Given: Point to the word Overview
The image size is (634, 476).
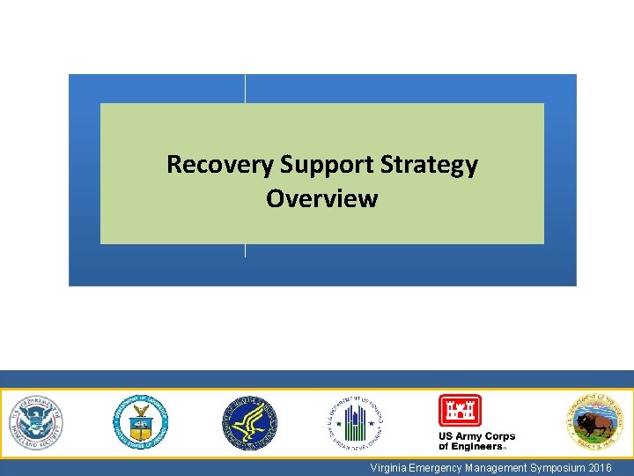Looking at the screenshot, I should (321, 198).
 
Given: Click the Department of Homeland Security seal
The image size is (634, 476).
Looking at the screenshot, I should (37, 421).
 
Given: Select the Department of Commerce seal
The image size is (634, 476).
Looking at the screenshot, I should (140, 421).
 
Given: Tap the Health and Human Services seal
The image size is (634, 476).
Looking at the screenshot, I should (248, 421).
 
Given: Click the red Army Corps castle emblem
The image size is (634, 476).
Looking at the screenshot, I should (460, 411).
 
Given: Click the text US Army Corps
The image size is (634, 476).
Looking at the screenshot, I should (476, 437).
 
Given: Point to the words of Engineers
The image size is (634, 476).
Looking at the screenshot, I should (470, 447).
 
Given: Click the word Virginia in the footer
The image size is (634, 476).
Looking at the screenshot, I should (388, 467).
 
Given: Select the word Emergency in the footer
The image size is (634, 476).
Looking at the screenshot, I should (436, 467).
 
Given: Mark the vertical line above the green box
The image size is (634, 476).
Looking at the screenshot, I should (245, 88).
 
